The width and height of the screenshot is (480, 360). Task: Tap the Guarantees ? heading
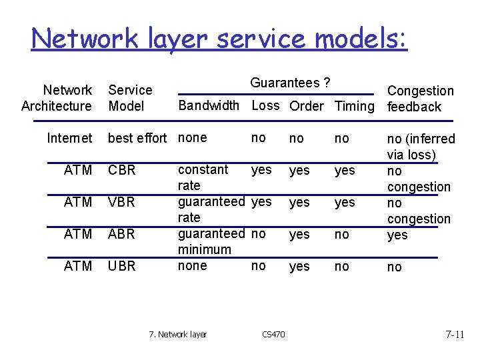[290, 83]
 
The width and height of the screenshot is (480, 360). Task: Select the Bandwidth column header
[209, 105]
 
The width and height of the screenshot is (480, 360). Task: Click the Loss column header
[265, 105]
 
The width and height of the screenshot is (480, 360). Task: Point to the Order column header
[307, 106]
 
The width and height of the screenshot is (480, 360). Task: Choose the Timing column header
[355, 106]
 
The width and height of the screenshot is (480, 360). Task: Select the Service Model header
[130, 98]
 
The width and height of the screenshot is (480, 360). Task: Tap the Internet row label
[69, 138]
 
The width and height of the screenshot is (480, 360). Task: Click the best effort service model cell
[137, 138]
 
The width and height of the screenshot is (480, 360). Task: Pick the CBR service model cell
[122, 170]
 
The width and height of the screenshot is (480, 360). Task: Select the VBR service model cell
[122, 202]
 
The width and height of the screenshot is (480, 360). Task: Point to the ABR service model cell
[122, 234]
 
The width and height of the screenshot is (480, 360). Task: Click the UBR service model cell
[122, 266]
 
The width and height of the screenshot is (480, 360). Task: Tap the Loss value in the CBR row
[261, 170]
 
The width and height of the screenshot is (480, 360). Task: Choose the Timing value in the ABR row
[341, 234]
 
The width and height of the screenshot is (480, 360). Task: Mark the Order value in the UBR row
[299, 266]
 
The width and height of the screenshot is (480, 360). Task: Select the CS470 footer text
[273, 334]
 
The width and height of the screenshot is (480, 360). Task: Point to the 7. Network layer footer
[178, 334]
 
